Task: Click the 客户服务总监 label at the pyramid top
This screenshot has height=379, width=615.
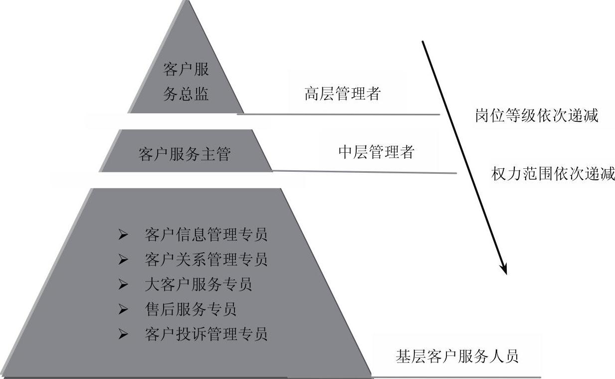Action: pos(186,82)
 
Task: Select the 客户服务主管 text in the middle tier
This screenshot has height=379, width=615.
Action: pos(185,154)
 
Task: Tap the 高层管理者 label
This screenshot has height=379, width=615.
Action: pos(342,93)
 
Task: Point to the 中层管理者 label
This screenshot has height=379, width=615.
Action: pos(376,152)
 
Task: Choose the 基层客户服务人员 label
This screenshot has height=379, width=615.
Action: pos(457,356)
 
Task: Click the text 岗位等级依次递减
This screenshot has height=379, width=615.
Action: pos(536,116)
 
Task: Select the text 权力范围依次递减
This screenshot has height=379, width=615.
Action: pos(553,174)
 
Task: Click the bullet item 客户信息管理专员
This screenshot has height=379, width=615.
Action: pos(206,234)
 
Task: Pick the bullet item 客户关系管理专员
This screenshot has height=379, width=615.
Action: pos(206,259)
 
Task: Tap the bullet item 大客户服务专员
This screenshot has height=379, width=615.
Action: pos(198,284)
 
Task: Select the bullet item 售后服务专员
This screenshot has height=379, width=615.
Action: pos(190,309)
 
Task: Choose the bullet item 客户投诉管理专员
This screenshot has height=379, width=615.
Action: pos(206,334)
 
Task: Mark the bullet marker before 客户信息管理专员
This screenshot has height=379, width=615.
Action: pos(123,234)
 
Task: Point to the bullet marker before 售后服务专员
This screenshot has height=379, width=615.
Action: pos(123,310)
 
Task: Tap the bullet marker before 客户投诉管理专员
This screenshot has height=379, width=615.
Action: pos(123,334)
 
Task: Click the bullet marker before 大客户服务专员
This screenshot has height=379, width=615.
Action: pos(123,285)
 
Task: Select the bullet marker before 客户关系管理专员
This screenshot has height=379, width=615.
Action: pos(123,260)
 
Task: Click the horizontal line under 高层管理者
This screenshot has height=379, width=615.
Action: pos(339,114)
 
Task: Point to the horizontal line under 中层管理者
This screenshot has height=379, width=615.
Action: pos(364,172)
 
